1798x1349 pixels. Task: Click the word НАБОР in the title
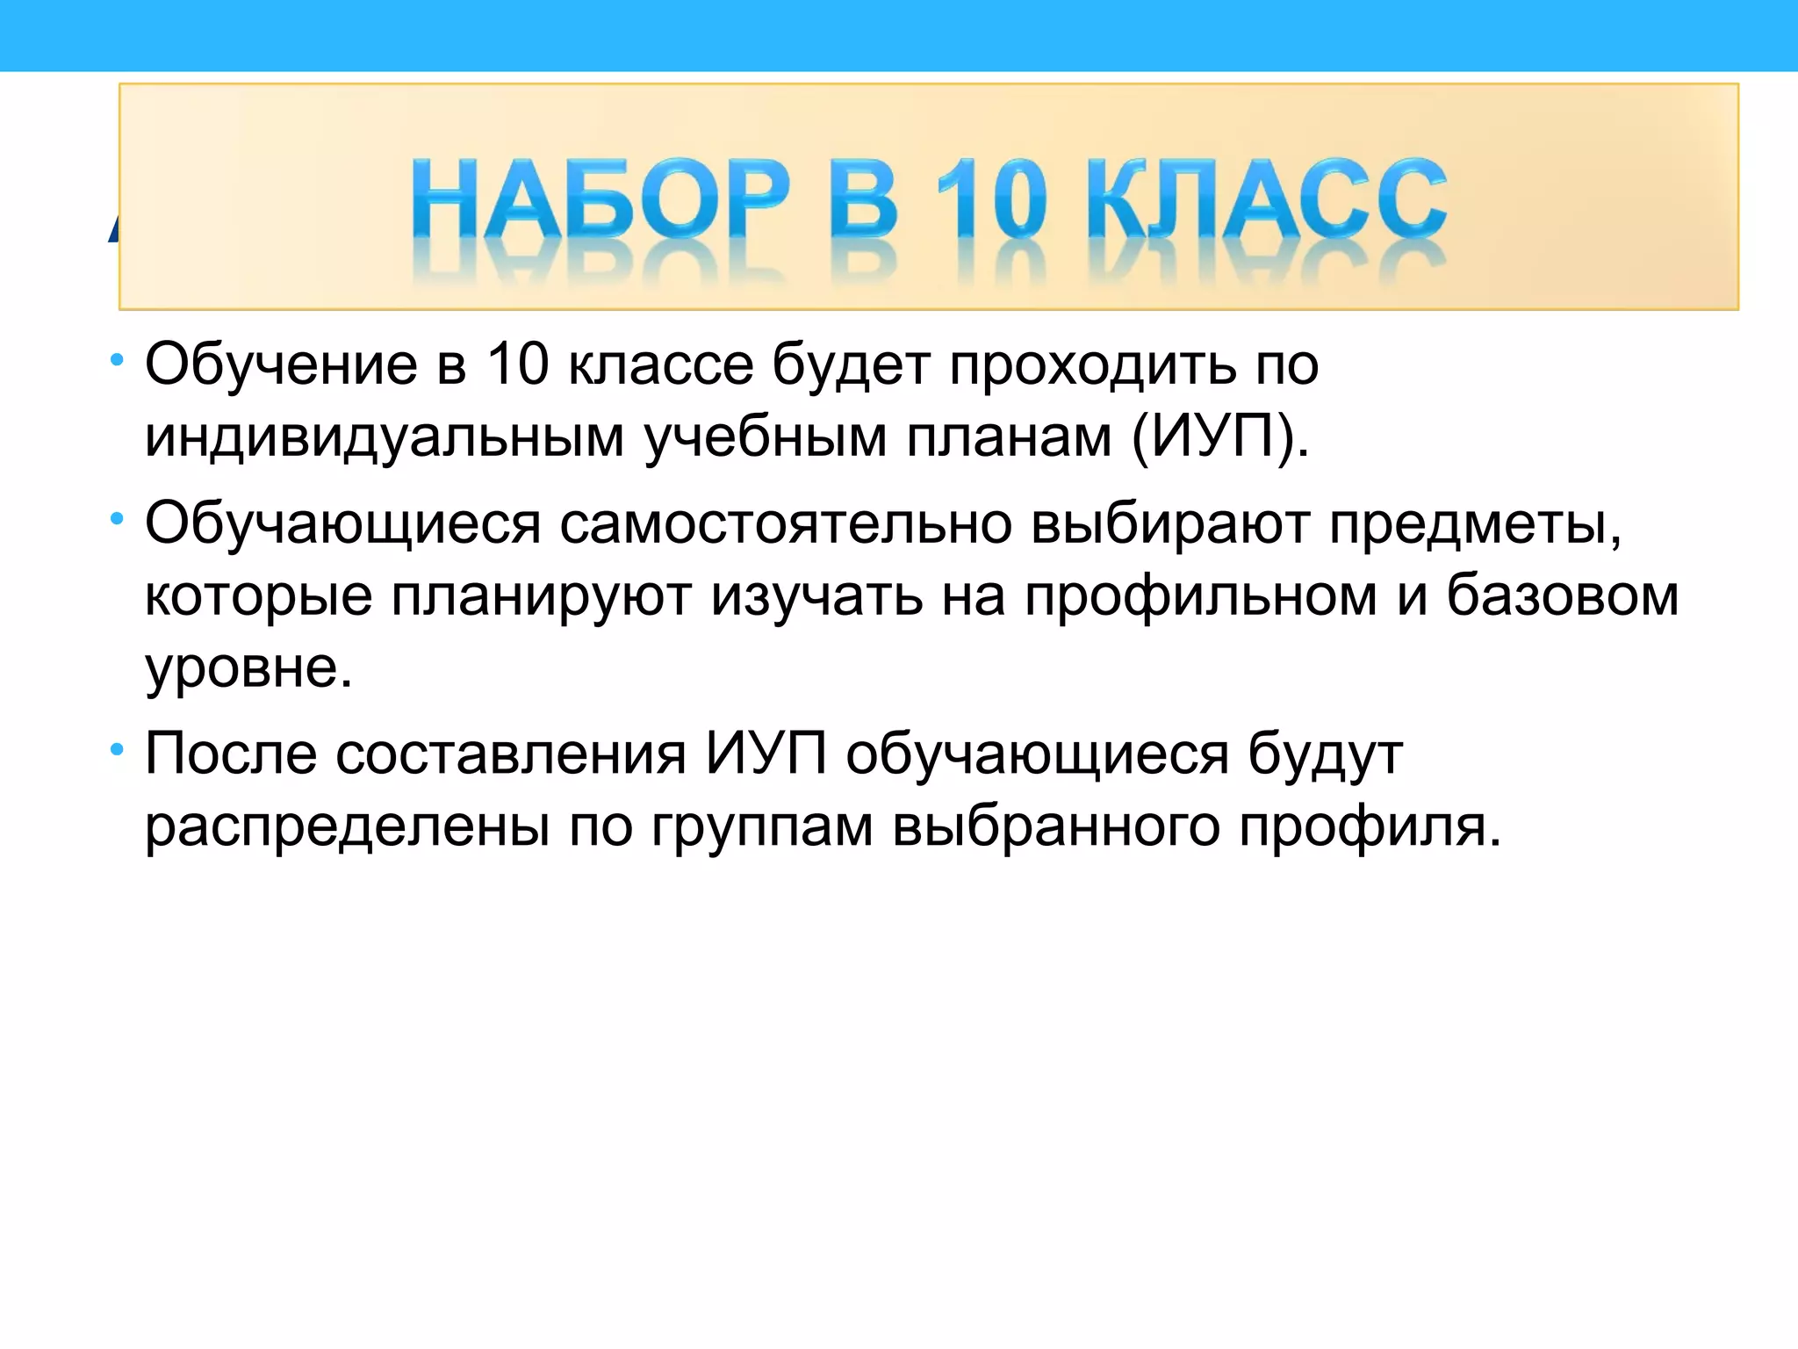(x=601, y=199)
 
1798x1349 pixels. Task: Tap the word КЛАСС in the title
(x=1266, y=199)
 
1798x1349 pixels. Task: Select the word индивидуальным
(x=385, y=436)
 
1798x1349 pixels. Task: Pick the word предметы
(x=1474, y=524)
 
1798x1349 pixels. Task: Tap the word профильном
(x=1200, y=596)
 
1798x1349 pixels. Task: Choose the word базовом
(x=1562, y=596)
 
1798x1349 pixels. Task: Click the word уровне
(x=248, y=669)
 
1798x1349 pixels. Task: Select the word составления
(x=510, y=754)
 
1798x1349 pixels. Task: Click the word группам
(x=761, y=827)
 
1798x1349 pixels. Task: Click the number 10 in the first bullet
(x=518, y=364)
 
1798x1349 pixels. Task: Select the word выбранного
(x=1055, y=827)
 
